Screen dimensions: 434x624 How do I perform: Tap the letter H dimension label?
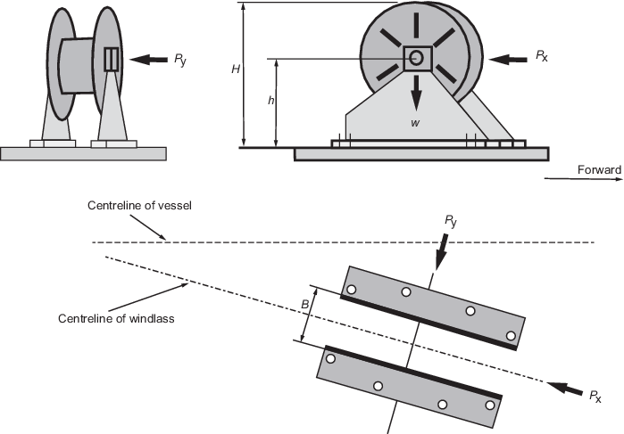235,68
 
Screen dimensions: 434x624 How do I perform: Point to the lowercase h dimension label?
270,101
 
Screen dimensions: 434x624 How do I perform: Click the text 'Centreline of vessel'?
140,206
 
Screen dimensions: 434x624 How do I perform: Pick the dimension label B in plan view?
304,305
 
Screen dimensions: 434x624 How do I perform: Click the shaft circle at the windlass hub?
416,59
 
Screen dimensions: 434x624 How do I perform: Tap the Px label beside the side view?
542,55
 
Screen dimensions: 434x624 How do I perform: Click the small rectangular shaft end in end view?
111,60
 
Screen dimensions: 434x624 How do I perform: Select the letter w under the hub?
415,122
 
